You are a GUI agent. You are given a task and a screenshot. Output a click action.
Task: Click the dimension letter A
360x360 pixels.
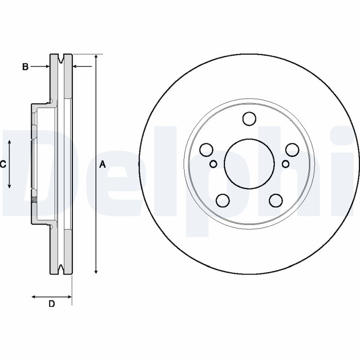click(102, 165)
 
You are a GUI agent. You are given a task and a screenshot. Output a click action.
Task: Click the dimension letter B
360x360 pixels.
click(26, 67)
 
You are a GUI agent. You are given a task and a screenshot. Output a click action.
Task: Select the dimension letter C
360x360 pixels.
click(3, 165)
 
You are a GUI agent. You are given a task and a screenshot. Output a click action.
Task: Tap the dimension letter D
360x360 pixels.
click(52, 304)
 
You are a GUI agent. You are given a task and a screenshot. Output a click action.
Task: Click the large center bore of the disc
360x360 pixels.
click(249, 164)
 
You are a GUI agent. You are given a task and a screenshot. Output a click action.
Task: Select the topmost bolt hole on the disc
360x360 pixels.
click(249, 119)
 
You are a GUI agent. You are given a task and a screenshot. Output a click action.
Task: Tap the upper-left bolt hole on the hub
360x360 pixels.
click(206, 149)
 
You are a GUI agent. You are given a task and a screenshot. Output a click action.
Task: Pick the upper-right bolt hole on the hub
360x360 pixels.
click(292, 149)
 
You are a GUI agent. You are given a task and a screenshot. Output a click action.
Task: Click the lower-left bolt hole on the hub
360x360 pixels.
click(222, 200)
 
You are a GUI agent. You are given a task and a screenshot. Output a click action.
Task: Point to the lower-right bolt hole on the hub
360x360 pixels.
click(275, 200)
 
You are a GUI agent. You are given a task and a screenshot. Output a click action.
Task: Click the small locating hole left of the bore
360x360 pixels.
click(214, 164)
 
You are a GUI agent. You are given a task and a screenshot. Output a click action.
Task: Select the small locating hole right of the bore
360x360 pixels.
click(284, 164)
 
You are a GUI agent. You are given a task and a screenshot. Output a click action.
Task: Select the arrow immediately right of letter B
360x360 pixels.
click(46, 67)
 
